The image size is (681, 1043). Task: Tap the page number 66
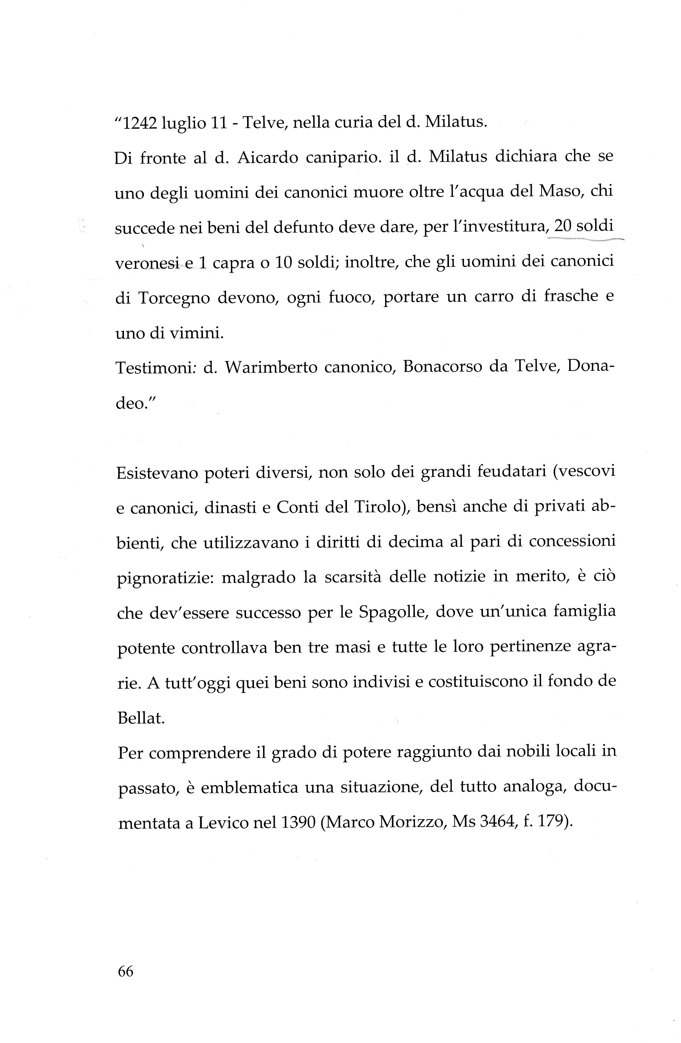click(125, 972)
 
